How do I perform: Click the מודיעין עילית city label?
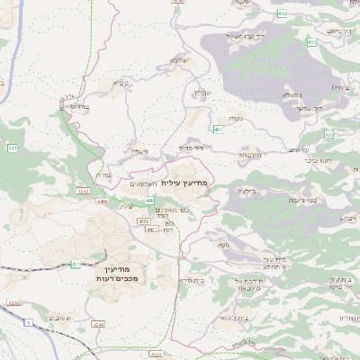[189, 183]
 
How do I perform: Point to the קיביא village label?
[121, 83]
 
